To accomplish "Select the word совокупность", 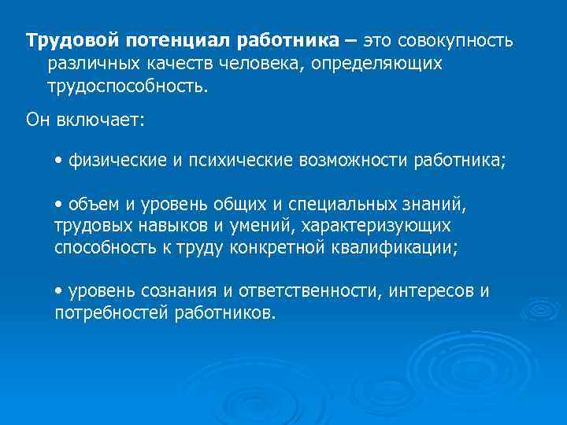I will coord(456,39).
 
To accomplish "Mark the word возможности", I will coord(353,161).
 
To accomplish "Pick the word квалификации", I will coord(398,247).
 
